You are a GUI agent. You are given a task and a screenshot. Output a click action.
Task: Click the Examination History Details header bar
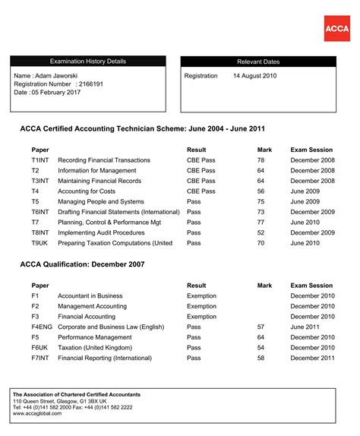(88, 62)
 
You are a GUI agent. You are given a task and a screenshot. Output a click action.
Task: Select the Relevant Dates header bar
(257, 62)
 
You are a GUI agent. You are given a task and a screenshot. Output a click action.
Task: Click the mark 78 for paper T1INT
(261, 160)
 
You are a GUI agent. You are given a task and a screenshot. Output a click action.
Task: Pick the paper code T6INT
(40, 212)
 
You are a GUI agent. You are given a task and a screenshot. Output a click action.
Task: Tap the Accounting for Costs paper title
(92, 191)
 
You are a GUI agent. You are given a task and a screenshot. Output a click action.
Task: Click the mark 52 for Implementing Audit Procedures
(261, 232)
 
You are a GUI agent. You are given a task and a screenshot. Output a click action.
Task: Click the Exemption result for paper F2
(201, 306)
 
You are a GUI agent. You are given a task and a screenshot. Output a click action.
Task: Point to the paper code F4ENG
(43, 327)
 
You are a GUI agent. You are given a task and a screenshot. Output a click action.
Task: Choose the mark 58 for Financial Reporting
(261, 357)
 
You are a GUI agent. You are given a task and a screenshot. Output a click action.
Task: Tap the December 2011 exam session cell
(312, 357)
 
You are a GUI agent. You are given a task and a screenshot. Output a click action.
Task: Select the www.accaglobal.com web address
(37, 415)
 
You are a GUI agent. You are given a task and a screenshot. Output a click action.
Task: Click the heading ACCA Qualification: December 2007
(93, 264)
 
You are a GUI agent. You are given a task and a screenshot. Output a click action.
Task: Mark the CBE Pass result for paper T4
(201, 191)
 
